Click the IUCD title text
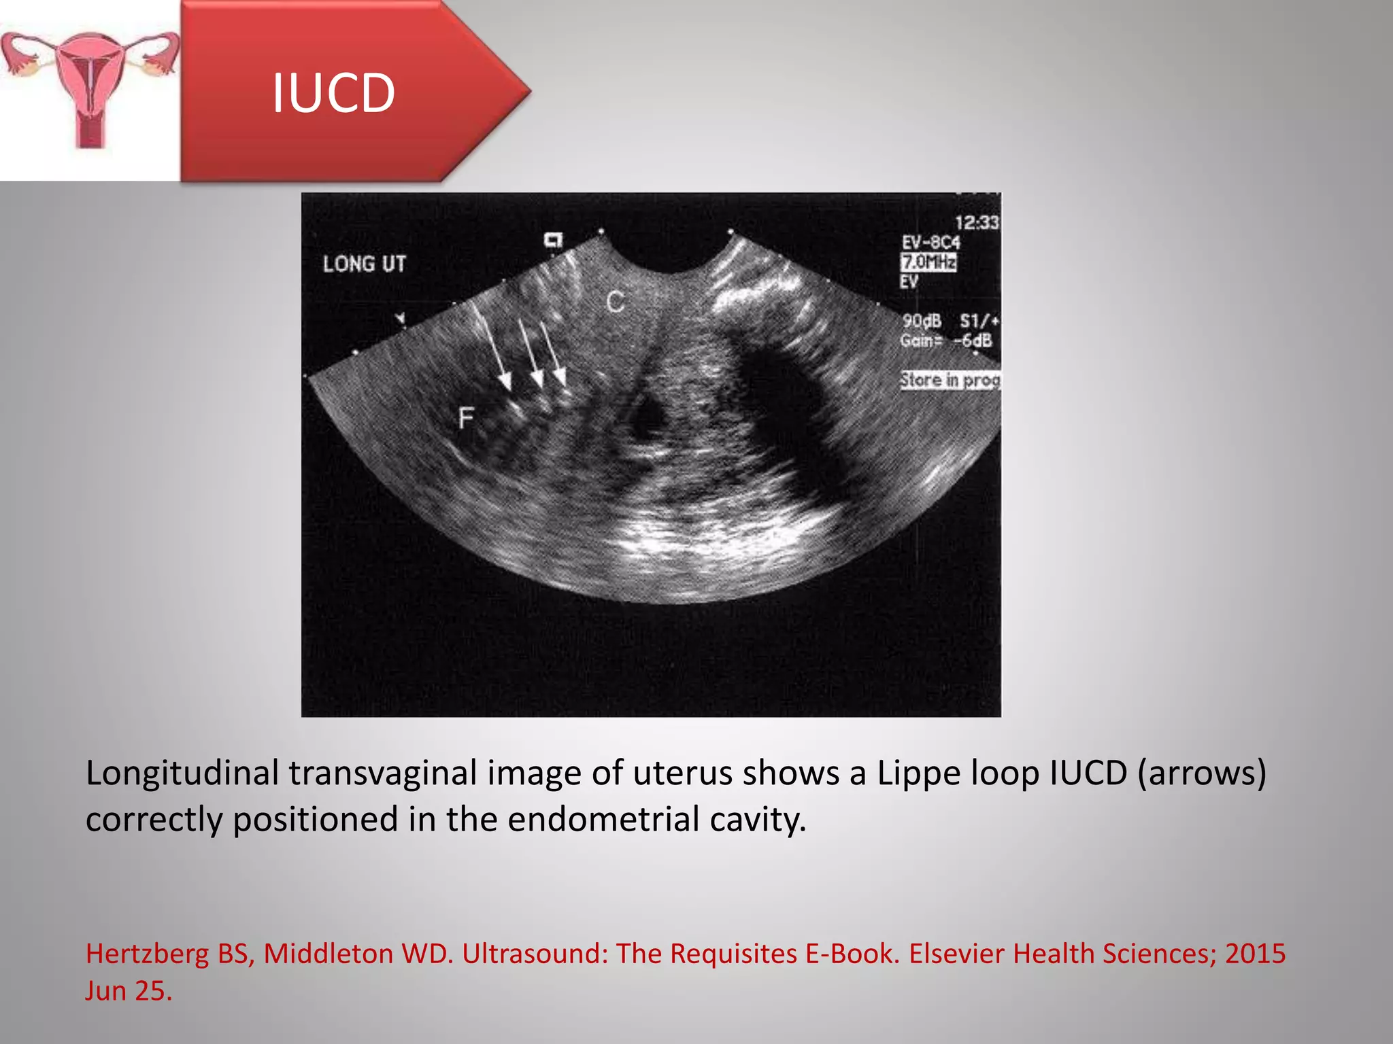point(333,93)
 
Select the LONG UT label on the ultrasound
point(364,264)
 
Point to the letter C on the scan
point(616,302)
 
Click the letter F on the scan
point(466,417)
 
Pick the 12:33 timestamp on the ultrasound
point(976,222)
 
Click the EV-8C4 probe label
point(930,242)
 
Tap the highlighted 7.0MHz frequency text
point(929,262)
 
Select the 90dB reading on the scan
point(922,321)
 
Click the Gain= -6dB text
point(946,341)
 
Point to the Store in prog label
point(950,380)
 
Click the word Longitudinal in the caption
point(182,773)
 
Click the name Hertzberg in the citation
point(148,954)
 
